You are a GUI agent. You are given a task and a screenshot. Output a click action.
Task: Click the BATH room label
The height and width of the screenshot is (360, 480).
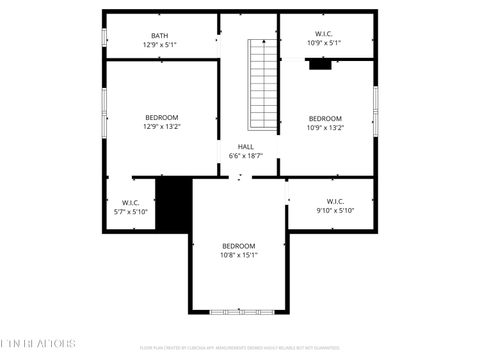tap(160, 36)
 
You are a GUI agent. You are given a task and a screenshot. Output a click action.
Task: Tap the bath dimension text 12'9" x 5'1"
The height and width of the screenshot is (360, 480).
tap(160, 45)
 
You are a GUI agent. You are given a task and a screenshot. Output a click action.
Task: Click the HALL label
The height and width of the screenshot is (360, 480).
tap(245, 147)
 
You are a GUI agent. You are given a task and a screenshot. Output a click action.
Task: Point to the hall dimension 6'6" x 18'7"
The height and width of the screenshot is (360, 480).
tap(245, 156)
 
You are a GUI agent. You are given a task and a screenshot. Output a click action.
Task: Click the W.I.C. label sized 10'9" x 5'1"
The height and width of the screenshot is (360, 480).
tap(325, 35)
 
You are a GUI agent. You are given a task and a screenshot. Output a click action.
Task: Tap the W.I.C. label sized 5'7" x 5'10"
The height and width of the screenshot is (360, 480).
tap(131, 203)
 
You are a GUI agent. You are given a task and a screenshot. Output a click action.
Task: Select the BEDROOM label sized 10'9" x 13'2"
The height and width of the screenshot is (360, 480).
tap(325, 118)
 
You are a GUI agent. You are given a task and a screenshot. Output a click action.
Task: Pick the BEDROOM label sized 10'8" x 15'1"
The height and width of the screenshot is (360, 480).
tap(239, 246)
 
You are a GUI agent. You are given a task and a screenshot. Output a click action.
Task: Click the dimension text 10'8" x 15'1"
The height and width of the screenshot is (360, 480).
tap(239, 255)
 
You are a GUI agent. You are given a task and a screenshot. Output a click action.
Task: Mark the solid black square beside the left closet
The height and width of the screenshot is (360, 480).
tap(174, 204)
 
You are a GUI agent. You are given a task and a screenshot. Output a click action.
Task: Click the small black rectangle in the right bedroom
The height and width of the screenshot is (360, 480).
tap(320, 65)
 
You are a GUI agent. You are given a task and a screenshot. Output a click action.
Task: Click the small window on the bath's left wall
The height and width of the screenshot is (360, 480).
tap(104, 37)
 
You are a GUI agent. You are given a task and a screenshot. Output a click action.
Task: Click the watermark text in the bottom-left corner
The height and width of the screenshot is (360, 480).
tap(38, 345)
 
